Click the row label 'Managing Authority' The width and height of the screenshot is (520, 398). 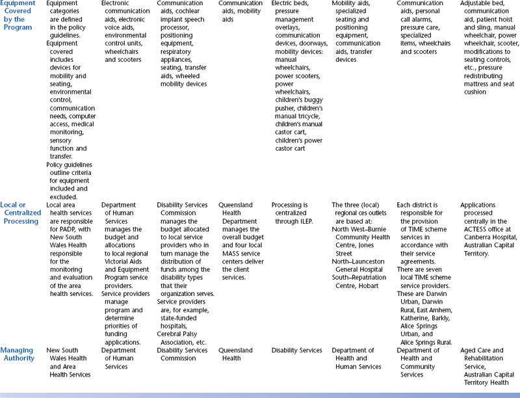(17, 354)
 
